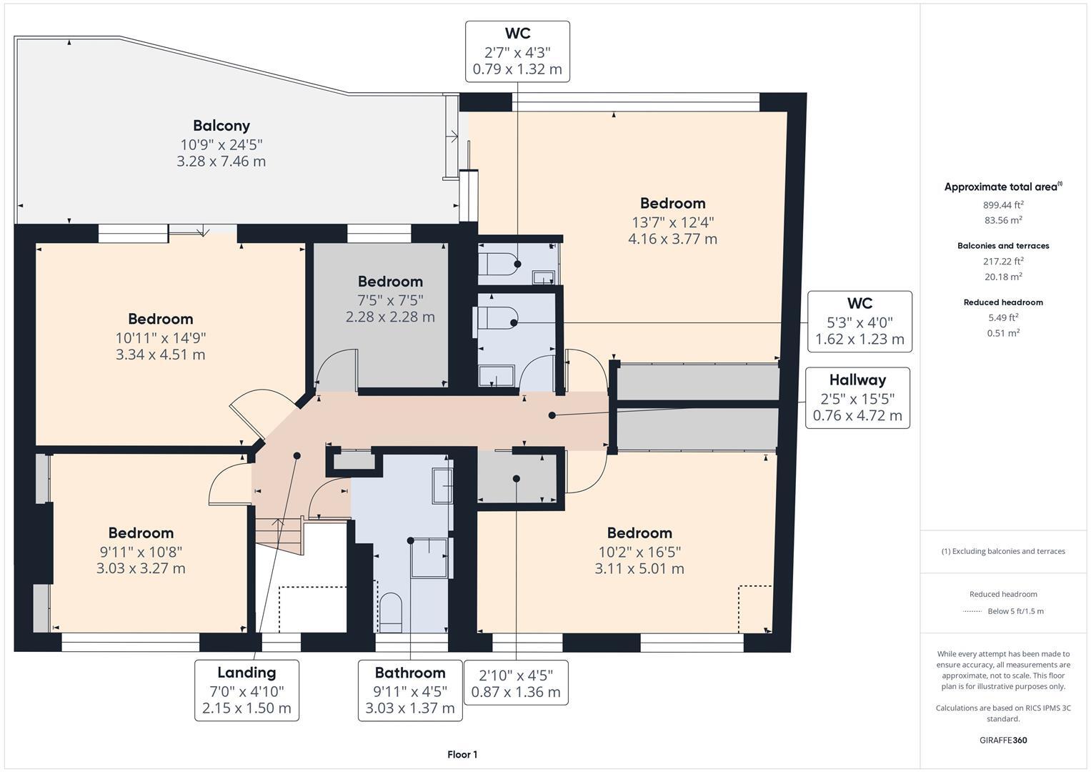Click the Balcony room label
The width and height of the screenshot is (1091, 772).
(x=221, y=126)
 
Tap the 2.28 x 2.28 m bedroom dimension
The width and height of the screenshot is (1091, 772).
(x=390, y=317)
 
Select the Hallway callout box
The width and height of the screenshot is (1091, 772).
(x=857, y=398)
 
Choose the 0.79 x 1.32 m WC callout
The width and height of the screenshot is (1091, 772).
(x=517, y=51)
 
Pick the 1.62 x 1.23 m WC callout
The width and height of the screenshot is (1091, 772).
(x=860, y=322)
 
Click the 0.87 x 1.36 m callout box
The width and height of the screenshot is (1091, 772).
(x=516, y=683)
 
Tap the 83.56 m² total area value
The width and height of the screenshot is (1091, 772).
(x=1003, y=220)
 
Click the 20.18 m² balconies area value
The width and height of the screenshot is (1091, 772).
(x=1003, y=277)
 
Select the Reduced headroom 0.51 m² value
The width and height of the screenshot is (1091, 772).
(x=1003, y=333)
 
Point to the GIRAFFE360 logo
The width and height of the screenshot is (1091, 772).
(x=1003, y=740)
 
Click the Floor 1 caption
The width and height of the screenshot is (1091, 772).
(x=462, y=754)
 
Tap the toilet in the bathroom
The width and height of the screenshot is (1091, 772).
(x=390, y=612)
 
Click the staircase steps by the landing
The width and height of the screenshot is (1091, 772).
(x=278, y=536)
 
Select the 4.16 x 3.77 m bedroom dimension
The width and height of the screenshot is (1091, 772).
(x=672, y=239)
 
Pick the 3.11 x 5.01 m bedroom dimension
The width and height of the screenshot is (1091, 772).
(x=639, y=568)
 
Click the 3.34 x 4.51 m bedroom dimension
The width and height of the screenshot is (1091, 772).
(x=160, y=355)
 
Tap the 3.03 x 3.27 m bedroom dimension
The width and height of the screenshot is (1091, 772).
(x=141, y=568)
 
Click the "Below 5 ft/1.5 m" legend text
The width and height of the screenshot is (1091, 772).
(x=1015, y=611)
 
